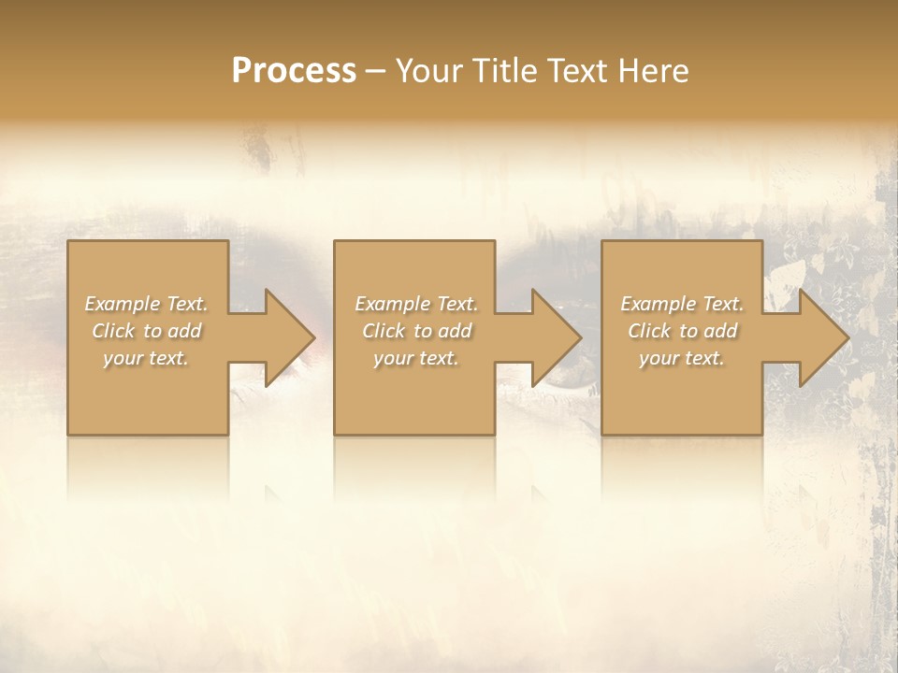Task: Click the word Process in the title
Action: tap(294, 71)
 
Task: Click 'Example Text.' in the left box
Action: tap(146, 304)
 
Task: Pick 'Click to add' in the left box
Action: tap(147, 331)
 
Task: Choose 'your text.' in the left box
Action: tap(146, 358)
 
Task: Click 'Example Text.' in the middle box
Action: tap(416, 304)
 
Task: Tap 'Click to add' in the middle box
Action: tap(417, 331)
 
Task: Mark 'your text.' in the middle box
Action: tap(416, 358)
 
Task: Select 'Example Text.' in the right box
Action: tap(682, 304)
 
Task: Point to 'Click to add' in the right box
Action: tap(683, 331)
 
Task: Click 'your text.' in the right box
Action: tap(682, 358)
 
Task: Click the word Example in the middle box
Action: tap(391, 304)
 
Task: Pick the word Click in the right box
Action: tap(650, 331)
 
